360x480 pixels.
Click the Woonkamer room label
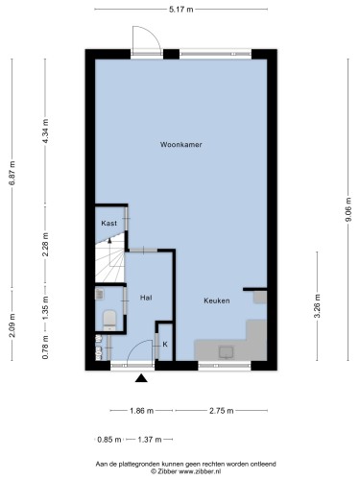[x=181, y=145]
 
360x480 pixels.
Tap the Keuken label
[x=217, y=300]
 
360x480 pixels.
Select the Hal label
[x=146, y=298]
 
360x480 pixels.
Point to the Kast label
[x=108, y=223]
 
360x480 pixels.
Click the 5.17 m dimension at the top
[x=181, y=10]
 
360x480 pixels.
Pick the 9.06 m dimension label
[x=348, y=209]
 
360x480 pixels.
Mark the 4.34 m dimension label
[x=45, y=132]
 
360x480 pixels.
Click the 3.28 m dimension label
[x=317, y=306]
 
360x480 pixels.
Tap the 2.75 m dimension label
[x=222, y=411]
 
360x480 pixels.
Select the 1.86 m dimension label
[x=142, y=411]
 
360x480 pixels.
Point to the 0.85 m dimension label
[x=109, y=440]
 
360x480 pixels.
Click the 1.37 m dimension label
[x=150, y=440]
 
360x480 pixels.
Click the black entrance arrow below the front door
[x=141, y=378]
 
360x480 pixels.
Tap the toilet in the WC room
[x=109, y=320]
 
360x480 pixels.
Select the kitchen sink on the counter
[x=227, y=352]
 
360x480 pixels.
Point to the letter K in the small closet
[x=165, y=345]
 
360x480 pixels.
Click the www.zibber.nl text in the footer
[x=200, y=471]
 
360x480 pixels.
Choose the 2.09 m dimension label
[x=12, y=325]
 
